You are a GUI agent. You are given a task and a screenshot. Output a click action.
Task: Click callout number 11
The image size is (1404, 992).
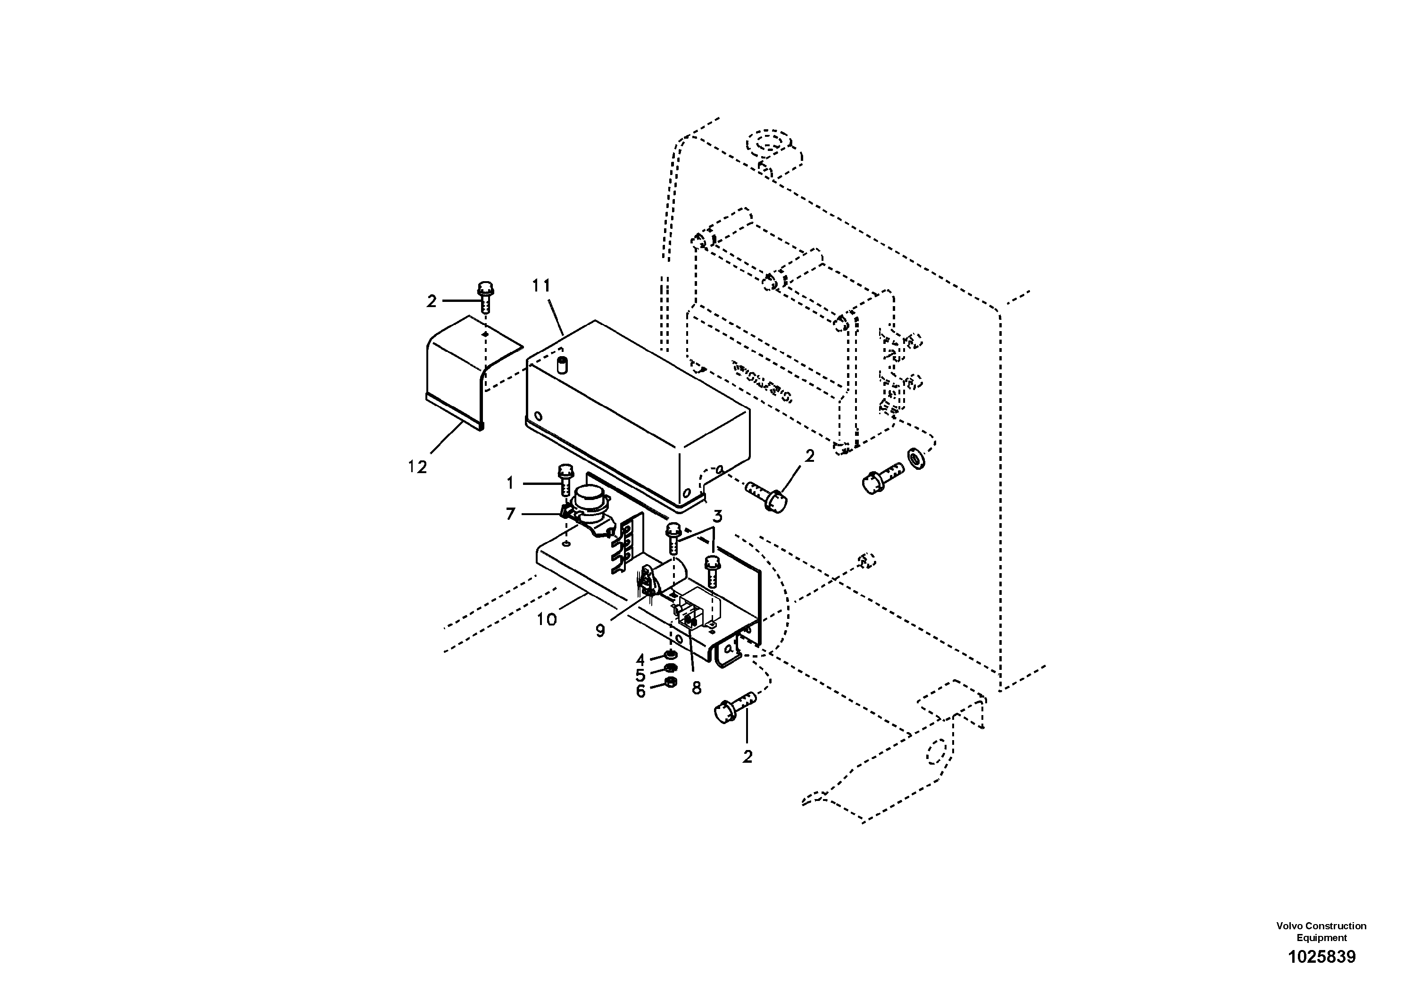[x=541, y=285]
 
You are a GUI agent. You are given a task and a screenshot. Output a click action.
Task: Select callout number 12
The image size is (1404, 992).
[x=418, y=467]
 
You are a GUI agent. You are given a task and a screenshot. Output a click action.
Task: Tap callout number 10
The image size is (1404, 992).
[x=547, y=619]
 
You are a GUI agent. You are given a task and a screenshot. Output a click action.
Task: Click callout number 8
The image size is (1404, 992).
[x=697, y=688]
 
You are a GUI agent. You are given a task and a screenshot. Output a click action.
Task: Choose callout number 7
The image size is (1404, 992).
[x=511, y=514]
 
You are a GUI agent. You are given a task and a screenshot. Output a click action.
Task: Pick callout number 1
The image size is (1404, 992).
[x=511, y=484]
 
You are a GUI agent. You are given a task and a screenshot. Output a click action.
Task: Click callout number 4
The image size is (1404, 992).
[x=640, y=660]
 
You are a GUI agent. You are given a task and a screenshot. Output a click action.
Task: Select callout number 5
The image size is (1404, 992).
[x=640, y=675]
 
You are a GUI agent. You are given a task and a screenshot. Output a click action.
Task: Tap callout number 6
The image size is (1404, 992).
[x=640, y=692]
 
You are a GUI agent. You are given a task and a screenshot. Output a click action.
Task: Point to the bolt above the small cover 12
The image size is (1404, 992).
[x=484, y=297]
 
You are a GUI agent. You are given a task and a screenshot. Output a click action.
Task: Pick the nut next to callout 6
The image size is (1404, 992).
[x=670, y=683]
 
